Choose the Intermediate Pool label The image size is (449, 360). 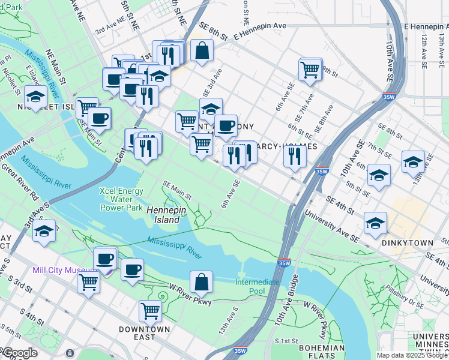click(x=257, y=286)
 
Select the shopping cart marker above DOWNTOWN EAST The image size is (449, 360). click(x=149, y=311)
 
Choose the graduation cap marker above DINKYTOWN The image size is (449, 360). click(x=376, y=223)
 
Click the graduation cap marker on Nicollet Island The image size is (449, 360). click(x=36, y=96)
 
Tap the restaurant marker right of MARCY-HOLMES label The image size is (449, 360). click(x=295, y=155)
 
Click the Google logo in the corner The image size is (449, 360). click(x=19, y=353)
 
